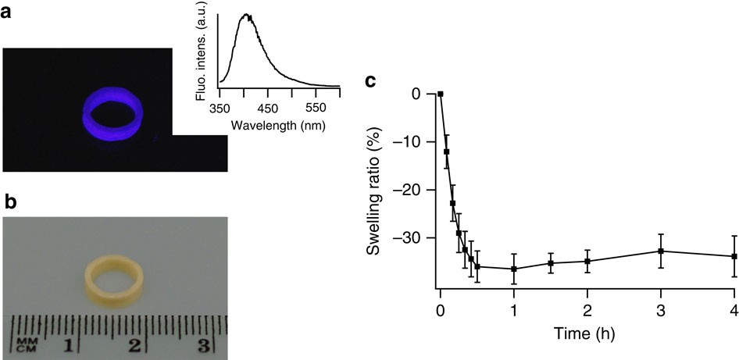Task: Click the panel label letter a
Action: click(11, 15)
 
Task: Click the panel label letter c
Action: click(374, 79)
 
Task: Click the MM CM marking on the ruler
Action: click(24, 344)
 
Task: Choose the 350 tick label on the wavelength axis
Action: click(220, 107)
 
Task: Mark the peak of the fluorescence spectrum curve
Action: click(247, 15)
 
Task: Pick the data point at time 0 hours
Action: click(441, 94)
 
